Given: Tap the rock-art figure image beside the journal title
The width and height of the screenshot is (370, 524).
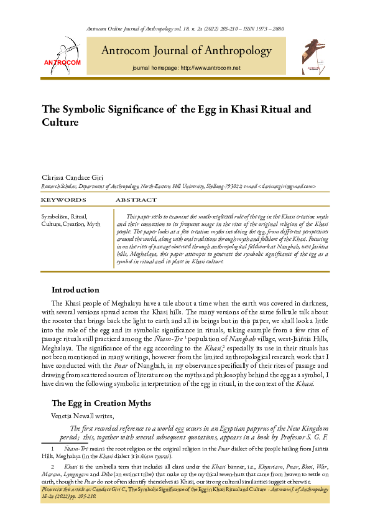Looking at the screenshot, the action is coord(308,58).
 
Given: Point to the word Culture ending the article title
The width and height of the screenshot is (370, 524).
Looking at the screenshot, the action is coord(60,123).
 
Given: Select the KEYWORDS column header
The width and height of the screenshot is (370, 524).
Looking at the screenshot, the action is coord(63,200).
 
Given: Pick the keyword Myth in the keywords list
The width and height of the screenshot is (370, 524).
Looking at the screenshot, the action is coord(94,223).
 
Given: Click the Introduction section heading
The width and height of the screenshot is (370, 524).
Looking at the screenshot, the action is coord(75,289).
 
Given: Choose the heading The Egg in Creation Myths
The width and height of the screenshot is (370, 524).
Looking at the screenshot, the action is coord(101,403).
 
